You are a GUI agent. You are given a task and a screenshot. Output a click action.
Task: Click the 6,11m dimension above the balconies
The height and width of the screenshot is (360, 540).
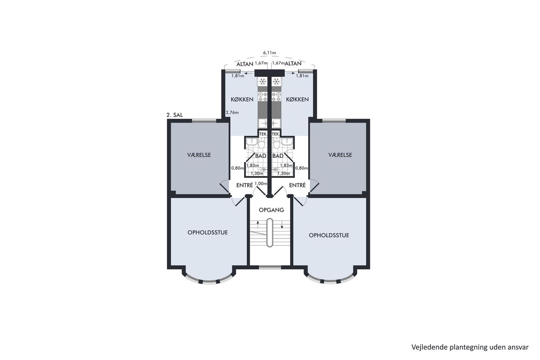[270, 52]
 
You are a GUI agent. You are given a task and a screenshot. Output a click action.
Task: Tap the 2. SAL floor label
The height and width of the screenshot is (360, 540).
[174, 115]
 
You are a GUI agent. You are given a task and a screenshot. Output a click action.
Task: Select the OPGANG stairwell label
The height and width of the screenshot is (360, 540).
[271, 210]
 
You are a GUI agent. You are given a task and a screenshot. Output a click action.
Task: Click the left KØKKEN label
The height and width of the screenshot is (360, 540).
[242, 99]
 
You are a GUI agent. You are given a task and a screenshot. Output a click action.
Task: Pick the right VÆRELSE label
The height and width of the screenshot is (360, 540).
[340, 155]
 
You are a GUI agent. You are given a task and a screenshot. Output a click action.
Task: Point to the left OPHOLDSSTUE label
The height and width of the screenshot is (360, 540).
[208, 232]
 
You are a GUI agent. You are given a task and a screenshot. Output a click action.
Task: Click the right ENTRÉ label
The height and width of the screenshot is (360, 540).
[297, 185]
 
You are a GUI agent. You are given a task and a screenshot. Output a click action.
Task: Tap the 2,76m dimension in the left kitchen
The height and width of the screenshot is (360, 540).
[232, 112]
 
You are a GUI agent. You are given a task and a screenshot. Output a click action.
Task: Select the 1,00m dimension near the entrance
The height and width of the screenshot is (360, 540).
[261, 184]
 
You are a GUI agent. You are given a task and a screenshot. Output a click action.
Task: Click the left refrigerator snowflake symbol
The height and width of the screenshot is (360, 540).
[262, 81]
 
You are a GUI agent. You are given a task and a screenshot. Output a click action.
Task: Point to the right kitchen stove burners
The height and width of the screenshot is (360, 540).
[276, 97]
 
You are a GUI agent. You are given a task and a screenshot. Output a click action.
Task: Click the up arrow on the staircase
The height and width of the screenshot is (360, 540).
[258, 225]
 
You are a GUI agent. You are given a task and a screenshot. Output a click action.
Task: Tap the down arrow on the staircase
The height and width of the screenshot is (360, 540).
[282, 225]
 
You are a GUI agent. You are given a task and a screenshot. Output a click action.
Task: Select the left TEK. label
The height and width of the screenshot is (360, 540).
[263, 134]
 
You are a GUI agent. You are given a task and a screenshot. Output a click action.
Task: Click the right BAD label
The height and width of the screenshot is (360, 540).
[278, 156]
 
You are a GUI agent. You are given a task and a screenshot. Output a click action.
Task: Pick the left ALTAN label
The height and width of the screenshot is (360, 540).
[245, 64]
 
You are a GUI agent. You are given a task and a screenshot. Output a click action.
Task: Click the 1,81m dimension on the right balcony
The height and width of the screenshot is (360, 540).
[302, 76]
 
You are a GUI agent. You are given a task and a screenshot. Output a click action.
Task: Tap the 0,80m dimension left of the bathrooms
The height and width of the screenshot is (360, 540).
[238, 168]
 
